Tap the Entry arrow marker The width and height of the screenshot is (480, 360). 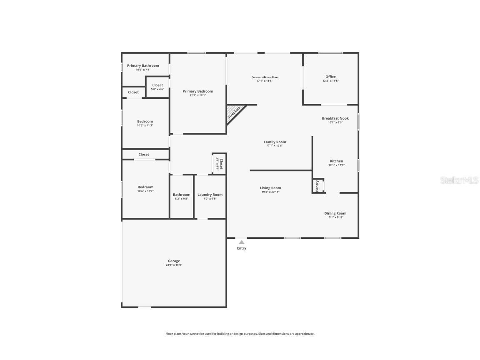pyautogui.click(x=241, y=242)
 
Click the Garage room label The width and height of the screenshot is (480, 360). pyautogui.click(x=174, y=261)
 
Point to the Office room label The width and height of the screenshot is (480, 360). pyautogui.click(x=330, y=77)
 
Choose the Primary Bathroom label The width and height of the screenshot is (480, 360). pyautogui.click(x=143, y=66)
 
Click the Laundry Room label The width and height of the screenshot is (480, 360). pyautogui.click(x=210, y=195)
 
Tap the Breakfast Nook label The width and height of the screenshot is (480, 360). pyautogui.click(x=335, y=118)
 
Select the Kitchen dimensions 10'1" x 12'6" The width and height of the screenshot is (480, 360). pyautogui.click(x=336, y=165)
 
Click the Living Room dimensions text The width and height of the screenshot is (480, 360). pyautogui.click(x=270, y=192)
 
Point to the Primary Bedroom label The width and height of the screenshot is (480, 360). pyautogui.click(x=197, y=91)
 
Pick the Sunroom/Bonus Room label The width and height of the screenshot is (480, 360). pyautogui.click(x=265, y=77)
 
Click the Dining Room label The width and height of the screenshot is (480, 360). pyautogui.click(x=335, y=213)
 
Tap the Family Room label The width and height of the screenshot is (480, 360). pyautogui.click(x=275, y=142)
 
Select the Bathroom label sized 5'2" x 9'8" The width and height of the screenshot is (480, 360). pyautogui.click(x=181, y=195)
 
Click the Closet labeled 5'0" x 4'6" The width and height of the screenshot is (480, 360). pyautogui.click(x=157, y=85)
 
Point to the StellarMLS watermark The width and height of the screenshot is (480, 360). pyautogui.click(x=460, y=180)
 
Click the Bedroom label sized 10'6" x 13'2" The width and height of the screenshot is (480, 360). pyautogui.click(x=145, y=187)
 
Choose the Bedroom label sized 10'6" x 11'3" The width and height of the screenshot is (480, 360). pyautogui.click(x=145, y=122)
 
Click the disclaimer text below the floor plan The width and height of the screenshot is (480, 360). pyautogui.click(x=240, y=334)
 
